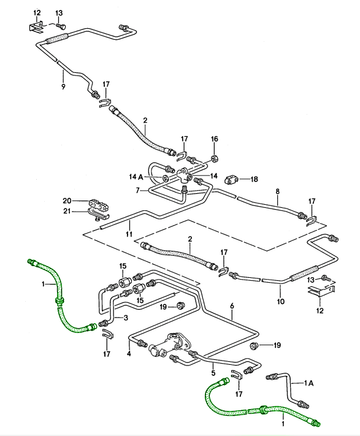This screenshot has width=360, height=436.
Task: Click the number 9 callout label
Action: [x=63, y=86]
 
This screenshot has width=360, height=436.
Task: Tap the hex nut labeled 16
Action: [x=215, y=158]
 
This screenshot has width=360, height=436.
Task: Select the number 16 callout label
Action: [x=214, y=139]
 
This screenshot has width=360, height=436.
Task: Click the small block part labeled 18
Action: [x=231, y=179]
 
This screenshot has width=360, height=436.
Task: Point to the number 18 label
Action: [x=254, y=179]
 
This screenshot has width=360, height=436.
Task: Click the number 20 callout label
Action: [x=67, y=201]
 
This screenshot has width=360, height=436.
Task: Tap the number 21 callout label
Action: [x=67, y=212]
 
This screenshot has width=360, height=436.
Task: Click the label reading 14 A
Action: [x=136, y=177]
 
